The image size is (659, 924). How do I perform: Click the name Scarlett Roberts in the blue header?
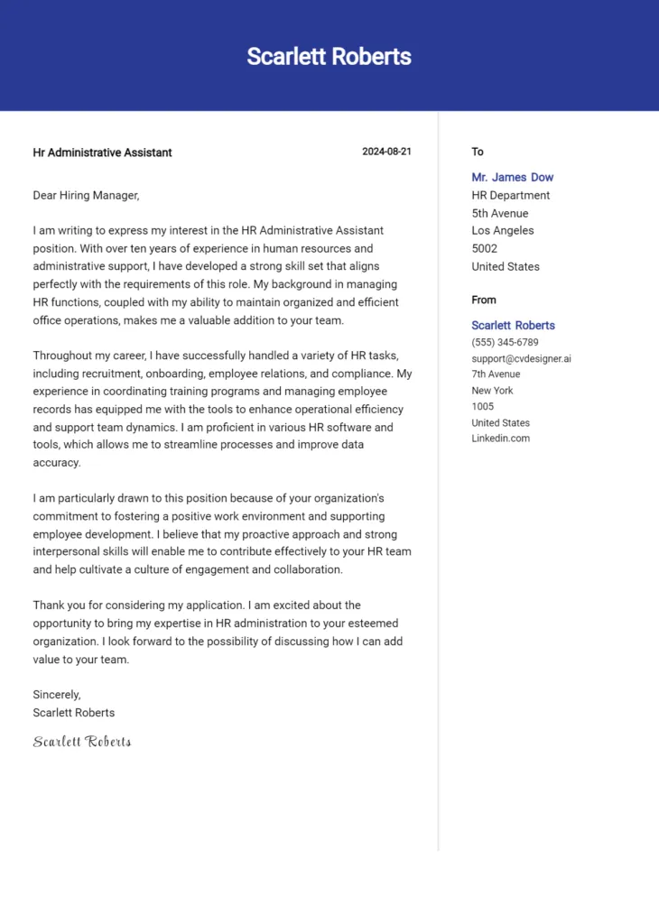(329, 56)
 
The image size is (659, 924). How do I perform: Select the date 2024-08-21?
(386, 152)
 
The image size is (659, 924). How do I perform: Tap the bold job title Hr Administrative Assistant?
(102, 152)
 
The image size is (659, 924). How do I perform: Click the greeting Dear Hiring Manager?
(86, 195)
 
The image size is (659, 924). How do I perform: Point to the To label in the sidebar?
(478, 152)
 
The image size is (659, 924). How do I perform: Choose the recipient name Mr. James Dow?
(512, 177)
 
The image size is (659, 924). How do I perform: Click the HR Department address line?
(510, 195)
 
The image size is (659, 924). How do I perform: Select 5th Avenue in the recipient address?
(499, 213)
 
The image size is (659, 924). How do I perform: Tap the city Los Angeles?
(502, 230)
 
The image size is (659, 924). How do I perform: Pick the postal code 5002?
(484, 248)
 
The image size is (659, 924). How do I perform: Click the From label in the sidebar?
(484, 300)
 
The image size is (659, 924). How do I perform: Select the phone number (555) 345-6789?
(505, 342)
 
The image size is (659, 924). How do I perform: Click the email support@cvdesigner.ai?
(521, 358)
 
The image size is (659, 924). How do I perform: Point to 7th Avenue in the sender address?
(496, 374)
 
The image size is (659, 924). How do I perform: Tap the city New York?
(492, 390)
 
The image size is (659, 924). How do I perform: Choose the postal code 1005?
(482, 406)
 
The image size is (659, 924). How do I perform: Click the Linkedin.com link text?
(500, 439)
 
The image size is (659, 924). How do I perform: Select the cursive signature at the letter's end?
(82, 742)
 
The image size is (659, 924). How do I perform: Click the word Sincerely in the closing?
(56, 695)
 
